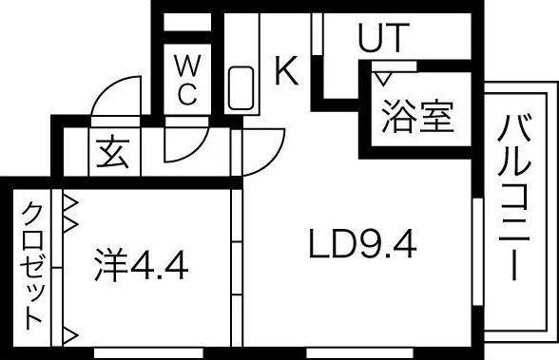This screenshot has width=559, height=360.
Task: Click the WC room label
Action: [186, 80]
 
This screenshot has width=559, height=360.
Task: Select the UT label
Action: [382, 38]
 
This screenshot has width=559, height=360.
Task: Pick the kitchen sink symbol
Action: [241, 89]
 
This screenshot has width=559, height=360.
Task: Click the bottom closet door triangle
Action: [69, 333]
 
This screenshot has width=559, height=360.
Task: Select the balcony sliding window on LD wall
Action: [476, 251]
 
